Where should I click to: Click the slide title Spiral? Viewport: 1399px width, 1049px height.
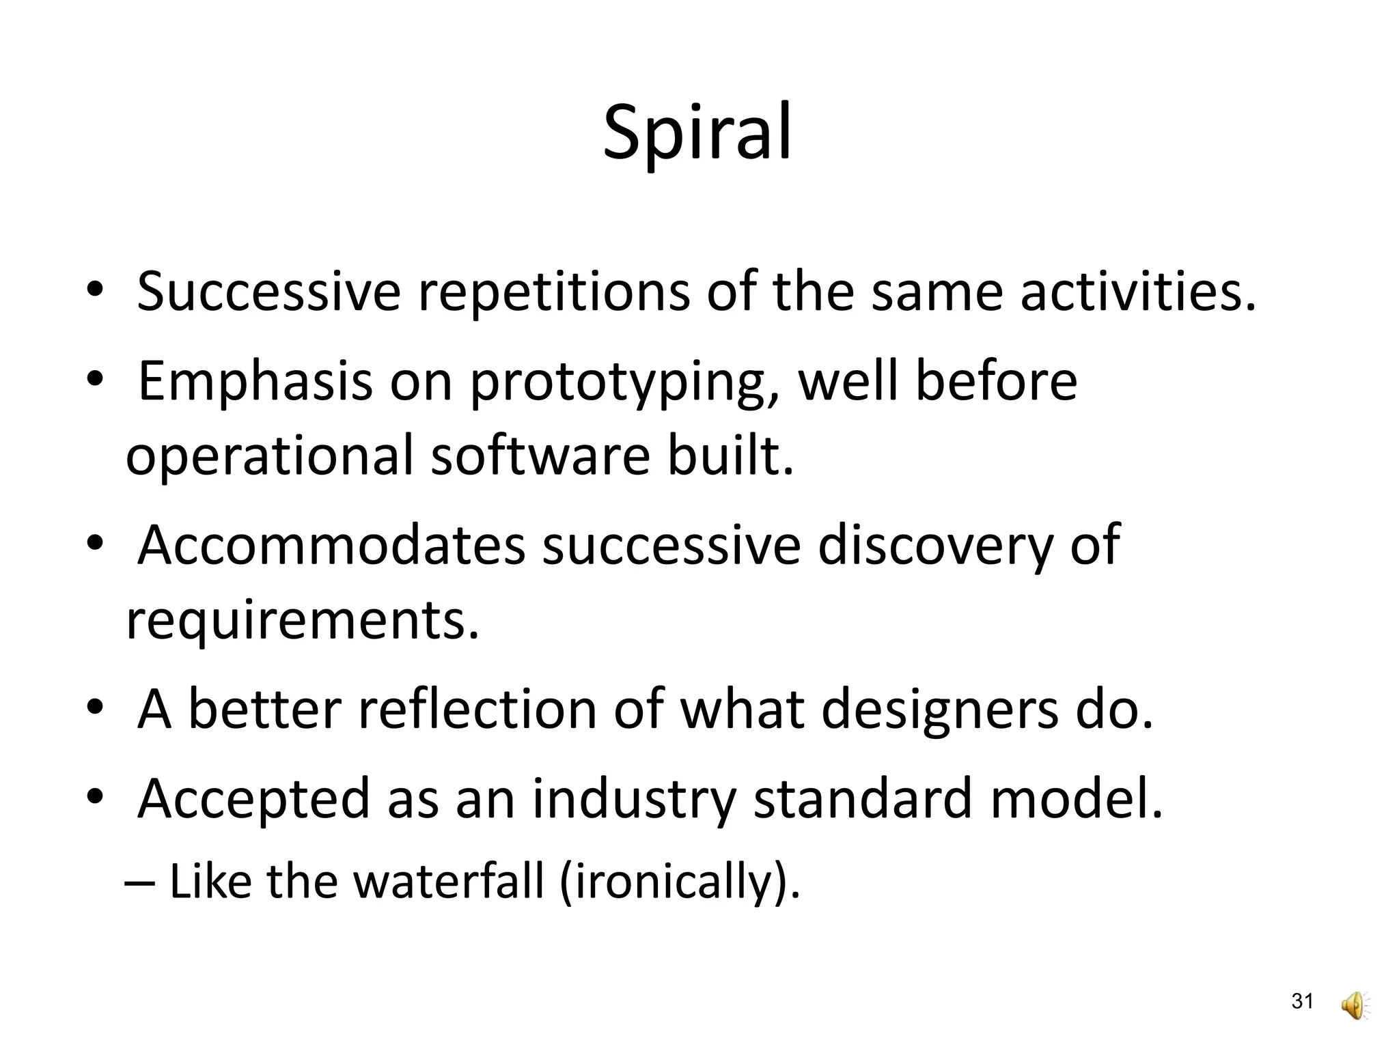(x=697, y=133)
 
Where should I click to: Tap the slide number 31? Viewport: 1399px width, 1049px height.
(x=1302, y=1002)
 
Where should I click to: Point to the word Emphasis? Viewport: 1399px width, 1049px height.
(x=255, y=382)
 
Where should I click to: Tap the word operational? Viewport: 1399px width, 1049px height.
(x=269, y=458)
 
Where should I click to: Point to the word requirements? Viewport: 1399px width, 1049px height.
(x=302, y=621)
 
